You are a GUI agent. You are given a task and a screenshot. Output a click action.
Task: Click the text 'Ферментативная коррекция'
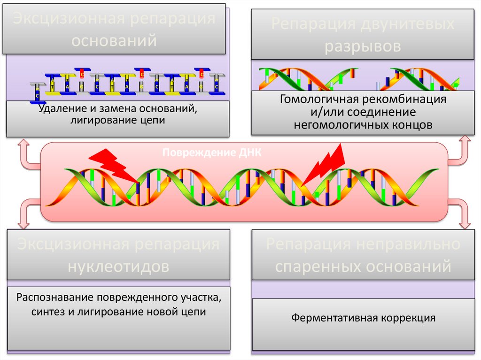coord(363,318)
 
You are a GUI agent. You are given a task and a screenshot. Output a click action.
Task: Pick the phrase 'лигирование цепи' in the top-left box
coord(117,120)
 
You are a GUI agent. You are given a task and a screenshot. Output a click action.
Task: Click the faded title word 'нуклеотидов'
coord(118,267)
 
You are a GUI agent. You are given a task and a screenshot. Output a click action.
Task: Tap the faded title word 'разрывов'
coord(363,46)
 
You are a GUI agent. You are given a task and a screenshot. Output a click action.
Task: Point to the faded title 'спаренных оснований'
coord(363,267)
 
